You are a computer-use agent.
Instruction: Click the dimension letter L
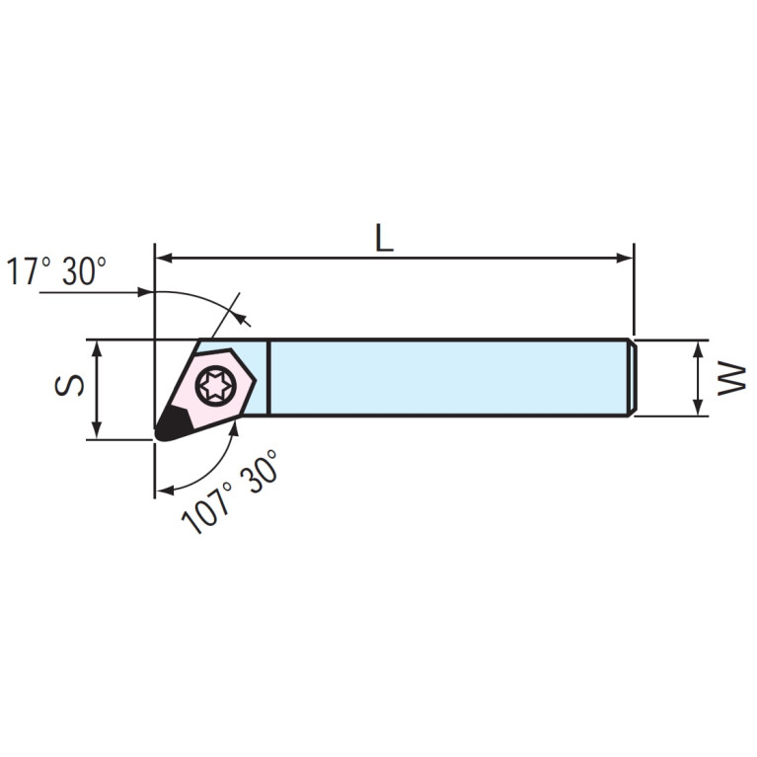[x=384, y=238]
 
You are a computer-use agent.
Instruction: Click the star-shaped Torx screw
[x=215, y=385]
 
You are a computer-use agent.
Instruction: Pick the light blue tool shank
[x=444, y=378]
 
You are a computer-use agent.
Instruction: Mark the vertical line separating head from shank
[x=268, y=378]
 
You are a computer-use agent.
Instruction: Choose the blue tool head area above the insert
[x=237, y=349]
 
